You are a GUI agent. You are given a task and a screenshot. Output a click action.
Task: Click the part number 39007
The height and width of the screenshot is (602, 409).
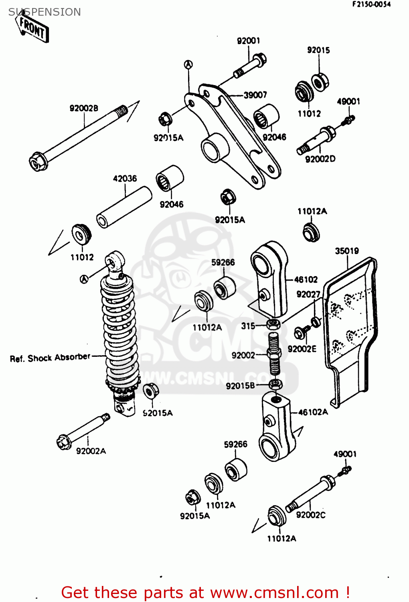(x=255, y=95)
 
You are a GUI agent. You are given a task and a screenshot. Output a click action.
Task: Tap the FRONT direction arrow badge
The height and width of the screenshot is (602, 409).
(x=33, y=29)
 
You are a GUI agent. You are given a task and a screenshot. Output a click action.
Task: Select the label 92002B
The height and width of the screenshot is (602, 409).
(x=84, y=108)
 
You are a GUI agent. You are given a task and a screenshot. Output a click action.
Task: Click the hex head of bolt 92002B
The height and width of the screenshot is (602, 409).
(x=38, y=162)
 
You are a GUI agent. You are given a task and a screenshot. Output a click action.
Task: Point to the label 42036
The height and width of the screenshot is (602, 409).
(x=125, y=178)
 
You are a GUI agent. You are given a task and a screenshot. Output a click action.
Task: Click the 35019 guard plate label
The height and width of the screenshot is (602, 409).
(x=347, y=251)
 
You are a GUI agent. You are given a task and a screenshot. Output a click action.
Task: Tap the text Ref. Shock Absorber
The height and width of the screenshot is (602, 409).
(x=50, y=358)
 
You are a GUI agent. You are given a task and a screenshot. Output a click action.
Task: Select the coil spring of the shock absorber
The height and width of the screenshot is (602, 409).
(x=119, y=333)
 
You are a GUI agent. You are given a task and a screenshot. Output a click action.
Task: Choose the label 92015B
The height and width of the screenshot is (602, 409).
(x=240, y=386)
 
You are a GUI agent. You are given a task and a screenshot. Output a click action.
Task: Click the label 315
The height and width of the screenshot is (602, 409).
(x=248, y=326)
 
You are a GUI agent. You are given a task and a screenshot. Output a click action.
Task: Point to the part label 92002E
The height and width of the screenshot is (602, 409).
(x=302, y=349)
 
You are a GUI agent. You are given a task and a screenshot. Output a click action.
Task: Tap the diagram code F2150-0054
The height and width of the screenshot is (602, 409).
(x=371, y=4)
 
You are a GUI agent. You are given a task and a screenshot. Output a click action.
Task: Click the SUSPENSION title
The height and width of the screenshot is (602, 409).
(x=45, y=12)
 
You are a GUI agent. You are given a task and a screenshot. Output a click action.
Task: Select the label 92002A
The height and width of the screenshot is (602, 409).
(x=91, y=451)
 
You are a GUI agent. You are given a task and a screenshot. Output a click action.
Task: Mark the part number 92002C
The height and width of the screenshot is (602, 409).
(x=311, y=515)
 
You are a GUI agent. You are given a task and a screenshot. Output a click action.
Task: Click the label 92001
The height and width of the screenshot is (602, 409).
(x=249, y=41)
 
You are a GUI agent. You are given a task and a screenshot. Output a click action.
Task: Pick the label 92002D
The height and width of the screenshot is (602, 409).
(x=320, y=159)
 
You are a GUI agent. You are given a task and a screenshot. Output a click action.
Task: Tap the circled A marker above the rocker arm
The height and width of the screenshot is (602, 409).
(x=188, y=64)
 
